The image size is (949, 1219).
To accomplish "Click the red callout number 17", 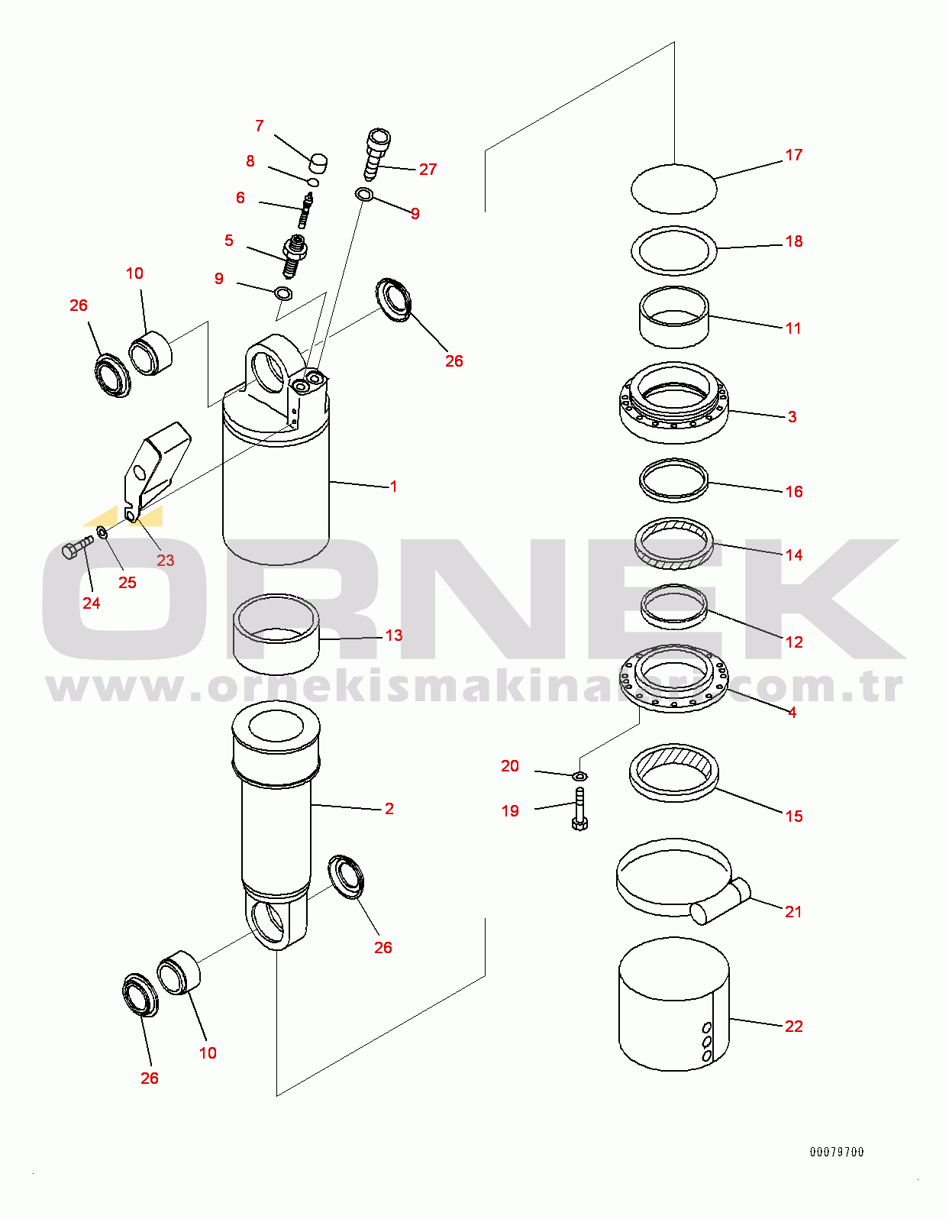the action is (794, 155).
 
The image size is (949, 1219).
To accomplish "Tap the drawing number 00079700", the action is (836, 1153).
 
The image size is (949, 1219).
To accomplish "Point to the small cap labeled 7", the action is (318, 163).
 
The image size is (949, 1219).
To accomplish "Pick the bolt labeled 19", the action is (579, 808).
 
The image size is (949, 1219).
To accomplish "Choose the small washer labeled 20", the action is (579, 776).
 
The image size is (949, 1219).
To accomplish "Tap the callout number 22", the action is (794, 1026).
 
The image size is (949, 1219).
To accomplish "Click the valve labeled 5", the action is (294, 257).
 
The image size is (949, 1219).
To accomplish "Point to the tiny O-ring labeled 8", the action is (314, 182).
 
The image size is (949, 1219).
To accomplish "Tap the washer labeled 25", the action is (103, 532).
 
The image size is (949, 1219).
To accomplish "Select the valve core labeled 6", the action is (305, 210).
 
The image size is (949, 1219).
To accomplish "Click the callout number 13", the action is (393, 635).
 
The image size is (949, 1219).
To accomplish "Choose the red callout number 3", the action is (792, 416).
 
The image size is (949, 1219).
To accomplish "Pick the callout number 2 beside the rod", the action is (389, 808).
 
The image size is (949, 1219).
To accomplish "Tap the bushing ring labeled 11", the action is (674, 317).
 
